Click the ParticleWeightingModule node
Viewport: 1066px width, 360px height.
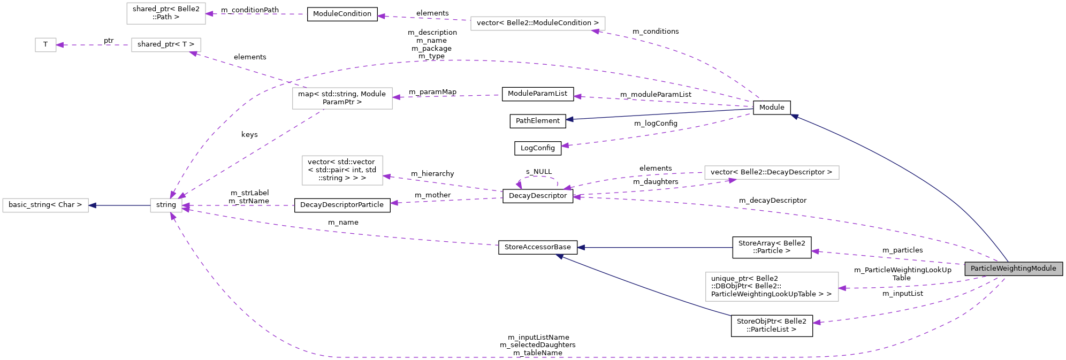pos(1013,269)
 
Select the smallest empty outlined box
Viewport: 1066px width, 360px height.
pos(45,45)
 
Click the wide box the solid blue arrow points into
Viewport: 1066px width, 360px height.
pos(45,205)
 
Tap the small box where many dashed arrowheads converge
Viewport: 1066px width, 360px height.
pos(166,205)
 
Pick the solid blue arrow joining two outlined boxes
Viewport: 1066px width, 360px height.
pos(120,205)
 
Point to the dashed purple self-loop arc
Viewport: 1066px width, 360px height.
pos(538,177)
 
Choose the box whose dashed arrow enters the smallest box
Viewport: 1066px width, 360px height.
pos(166,45)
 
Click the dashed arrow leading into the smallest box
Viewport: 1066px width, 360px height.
pos(94,45)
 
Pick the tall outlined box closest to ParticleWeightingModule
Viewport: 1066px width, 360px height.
pos(772,287)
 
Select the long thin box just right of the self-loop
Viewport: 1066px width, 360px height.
pos(772,172)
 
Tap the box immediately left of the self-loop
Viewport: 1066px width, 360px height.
pos(342,170)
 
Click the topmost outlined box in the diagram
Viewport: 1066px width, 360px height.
pos(166,13)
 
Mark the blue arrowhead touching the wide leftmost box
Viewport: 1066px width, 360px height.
pos(93,205)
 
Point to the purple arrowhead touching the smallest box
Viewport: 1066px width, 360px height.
pos(60,45)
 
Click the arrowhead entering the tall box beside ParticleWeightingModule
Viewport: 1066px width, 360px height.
pos(842,288)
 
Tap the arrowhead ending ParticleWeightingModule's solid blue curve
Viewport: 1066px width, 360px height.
pos(795,116)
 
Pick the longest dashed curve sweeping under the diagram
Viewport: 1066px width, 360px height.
pos(535,357)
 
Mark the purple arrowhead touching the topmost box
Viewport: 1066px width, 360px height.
pos(210,14)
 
